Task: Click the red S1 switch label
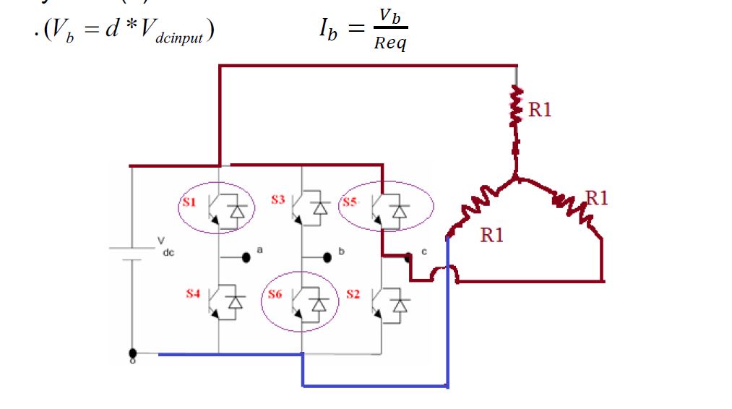(189, 203)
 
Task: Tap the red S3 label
(278, 199)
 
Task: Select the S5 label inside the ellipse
(350, 202)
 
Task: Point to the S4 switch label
(192, 294)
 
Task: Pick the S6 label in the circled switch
(275, 294)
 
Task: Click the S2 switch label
(353, 294)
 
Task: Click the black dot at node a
(246, 256)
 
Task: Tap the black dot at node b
(327, 256)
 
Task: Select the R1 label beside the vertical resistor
(540, 110)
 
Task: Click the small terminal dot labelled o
(132, 354)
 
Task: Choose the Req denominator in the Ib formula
(390, 44)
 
